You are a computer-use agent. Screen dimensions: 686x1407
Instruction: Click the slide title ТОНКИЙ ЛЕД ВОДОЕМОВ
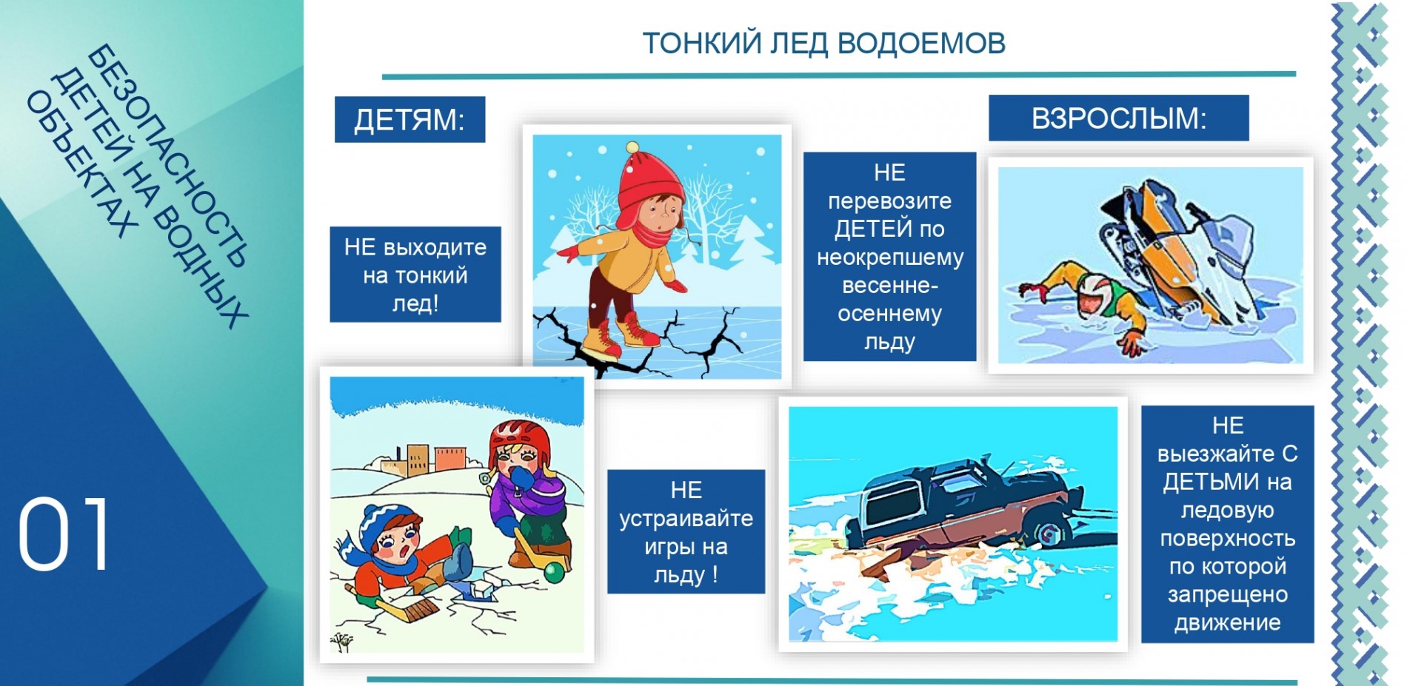pyautogui.click(x=823, y=43)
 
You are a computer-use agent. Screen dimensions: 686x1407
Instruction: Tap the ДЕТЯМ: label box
pyautogui.click(x=410, y=119)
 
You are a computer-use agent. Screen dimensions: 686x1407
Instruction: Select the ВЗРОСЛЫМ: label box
pyautogui.click(x=1118, y=118)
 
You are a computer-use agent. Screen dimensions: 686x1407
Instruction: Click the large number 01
pyautogui.click(x=64, y=533)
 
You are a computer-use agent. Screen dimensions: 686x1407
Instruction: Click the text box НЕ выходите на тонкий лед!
pyautogui.click(x=415, y=275)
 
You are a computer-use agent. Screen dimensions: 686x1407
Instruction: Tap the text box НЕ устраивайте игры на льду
pyautogui.click(x=686, y=531)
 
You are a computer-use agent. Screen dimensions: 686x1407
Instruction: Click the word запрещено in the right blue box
pyautogui.click(x=1227, y=594)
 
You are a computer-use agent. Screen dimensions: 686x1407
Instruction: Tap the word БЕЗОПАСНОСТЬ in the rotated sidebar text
pyautogui.click(x=167, y=155)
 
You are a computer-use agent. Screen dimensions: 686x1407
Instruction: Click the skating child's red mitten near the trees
pyautogui.click(x=567, y=254)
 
